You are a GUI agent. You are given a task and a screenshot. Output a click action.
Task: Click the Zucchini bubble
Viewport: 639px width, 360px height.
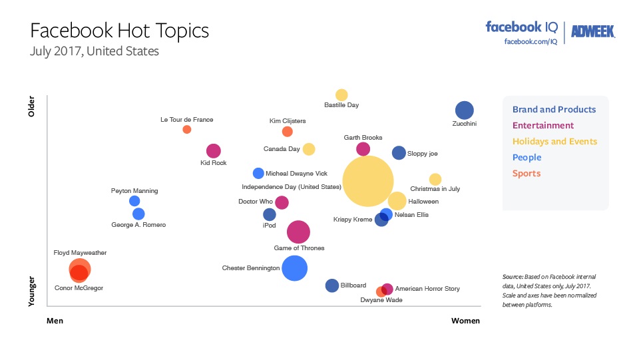[464, 110]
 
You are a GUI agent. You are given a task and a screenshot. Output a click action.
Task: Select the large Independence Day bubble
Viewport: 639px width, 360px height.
[368, 181]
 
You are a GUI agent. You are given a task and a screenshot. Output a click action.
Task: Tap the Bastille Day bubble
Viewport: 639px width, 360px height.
[341, 95]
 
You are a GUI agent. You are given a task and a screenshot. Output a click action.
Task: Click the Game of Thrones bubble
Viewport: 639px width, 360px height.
[299, 232]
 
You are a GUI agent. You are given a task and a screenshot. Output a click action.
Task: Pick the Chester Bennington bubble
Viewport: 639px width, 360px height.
[294, 268]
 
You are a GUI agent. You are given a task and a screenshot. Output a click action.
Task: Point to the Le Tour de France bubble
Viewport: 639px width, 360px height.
[187, 129]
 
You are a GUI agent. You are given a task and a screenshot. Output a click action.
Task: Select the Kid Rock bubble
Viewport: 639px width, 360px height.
[213, 151]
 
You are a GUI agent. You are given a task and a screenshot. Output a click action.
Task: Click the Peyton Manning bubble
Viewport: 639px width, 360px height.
[134, 201]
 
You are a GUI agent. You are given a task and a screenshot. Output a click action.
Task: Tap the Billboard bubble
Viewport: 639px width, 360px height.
[332, 285]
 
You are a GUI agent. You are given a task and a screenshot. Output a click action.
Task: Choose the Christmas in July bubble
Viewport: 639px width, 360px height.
[435, 179]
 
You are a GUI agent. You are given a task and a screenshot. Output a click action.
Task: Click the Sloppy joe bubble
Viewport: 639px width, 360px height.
[399, 153]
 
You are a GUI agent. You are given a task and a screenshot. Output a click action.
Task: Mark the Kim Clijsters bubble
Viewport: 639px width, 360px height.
[288, 132]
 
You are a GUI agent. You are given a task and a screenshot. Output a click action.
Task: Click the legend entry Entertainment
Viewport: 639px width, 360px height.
[542, 126]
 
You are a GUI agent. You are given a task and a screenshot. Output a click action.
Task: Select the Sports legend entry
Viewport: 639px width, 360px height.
[526, 174]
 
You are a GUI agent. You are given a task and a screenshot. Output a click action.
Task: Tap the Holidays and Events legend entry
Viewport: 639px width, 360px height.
[554, 142]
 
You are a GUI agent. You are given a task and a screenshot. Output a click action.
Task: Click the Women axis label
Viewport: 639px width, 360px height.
[465, 321]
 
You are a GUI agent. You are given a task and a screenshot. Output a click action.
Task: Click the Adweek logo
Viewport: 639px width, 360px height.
[592, 31]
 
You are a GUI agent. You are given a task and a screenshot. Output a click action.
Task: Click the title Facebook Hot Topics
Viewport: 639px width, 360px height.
[120, 31]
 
